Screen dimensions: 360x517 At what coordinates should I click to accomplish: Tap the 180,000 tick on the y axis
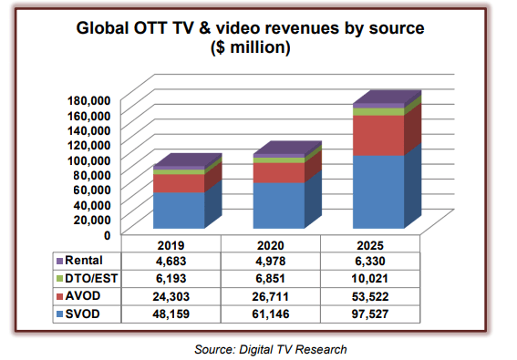tap(89, 99)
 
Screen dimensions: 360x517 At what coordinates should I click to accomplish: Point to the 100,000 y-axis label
tap(89, 159)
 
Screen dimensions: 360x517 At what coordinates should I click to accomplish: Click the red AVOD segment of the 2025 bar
tap(378, 136)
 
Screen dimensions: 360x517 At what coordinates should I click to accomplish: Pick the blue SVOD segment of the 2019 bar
tap(179, 210)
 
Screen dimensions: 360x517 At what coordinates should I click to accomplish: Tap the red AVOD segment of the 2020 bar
tap(279, 172)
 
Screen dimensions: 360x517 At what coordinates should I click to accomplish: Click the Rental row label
tap(86, 262)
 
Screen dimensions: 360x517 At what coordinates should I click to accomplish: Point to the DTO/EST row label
tap(91, 279)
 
